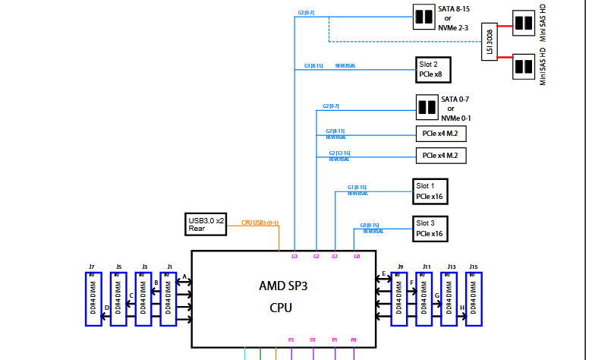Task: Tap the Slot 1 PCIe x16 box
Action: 430,191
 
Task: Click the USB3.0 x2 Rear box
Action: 206,224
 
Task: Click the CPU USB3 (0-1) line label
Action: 260,223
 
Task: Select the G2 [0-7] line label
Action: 332,106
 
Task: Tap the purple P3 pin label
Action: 291,339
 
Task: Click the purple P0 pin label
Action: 354,339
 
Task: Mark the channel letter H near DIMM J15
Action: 462,308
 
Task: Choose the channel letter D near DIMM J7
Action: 106,308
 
